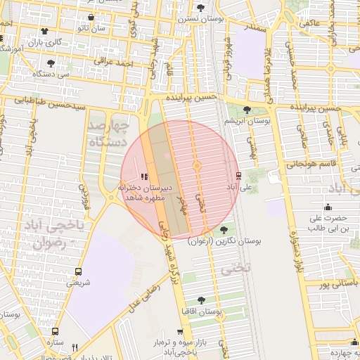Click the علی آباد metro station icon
238,175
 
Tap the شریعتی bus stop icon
77,271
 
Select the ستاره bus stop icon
56,332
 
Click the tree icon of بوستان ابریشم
247,109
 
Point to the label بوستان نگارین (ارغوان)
225,241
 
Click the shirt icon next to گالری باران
46,31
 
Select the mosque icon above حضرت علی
328,207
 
